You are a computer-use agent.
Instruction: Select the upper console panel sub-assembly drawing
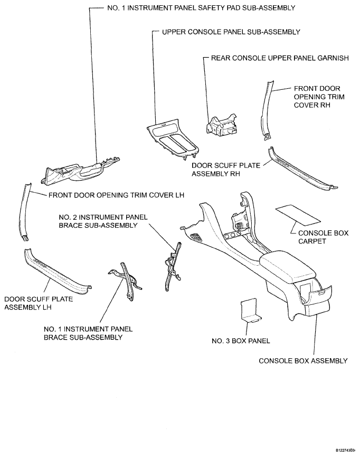[174, 139]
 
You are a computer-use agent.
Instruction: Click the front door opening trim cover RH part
[270, 108]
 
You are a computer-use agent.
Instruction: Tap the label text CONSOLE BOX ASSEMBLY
[303, 361]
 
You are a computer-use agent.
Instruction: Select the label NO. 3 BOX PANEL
[245, 341]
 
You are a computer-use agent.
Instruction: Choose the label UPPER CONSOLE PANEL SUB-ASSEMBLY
[231, 32]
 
